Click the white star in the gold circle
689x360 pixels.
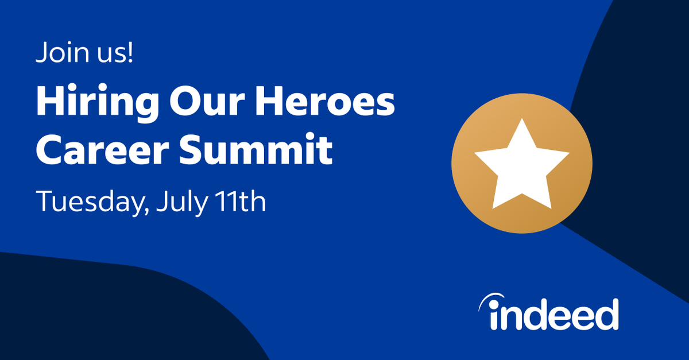pos(521,167)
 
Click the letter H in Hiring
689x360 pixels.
pos(49,103)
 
